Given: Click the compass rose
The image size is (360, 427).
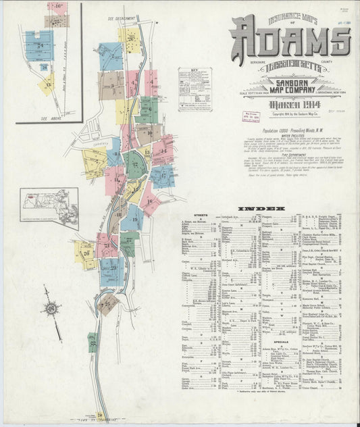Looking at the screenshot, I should click(x=50, y=308).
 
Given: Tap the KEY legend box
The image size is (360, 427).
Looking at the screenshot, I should click(x=195, y=89).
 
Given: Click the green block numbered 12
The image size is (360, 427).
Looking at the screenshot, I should click(x=135, y=166).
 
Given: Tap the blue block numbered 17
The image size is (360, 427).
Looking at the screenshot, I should click(x=162, y=176).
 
